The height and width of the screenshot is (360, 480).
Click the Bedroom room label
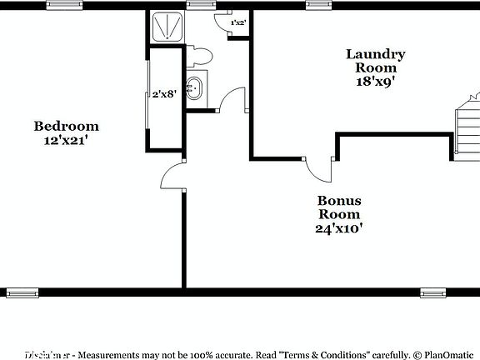(66, 127)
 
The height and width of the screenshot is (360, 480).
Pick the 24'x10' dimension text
(338, 227)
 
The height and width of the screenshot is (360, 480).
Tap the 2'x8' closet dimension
(163, 94)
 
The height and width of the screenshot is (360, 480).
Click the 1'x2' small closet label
(237, 22)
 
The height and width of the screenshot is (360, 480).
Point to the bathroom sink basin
(194, 87)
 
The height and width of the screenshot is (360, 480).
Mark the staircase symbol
(467, 129)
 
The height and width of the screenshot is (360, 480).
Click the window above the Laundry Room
(318, 4)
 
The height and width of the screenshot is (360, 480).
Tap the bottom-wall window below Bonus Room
(432, 292)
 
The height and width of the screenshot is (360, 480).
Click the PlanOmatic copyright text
(445, 353)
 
